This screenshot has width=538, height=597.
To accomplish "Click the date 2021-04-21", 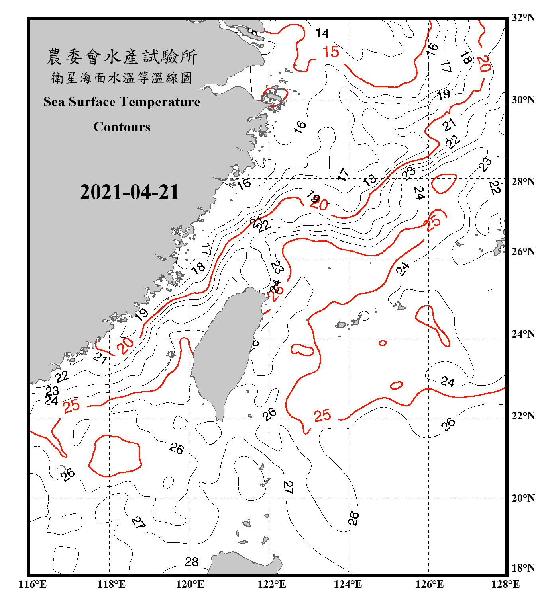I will pos(129,192).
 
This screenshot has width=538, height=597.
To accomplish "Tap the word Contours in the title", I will pos(122,127).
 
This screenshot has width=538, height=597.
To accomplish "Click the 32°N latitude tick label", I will pos(523,18).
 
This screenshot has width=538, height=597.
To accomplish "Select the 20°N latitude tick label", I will pos(523,498).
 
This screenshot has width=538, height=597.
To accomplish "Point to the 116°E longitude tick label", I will pos(33,584).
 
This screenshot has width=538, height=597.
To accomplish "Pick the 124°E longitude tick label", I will pos(348,584).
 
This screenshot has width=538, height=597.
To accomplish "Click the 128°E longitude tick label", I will pos(505,584).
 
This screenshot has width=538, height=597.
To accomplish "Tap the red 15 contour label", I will pos(330,52).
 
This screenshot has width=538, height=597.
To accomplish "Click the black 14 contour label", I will pos(322,33).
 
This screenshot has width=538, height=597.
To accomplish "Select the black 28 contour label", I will pos(192,562).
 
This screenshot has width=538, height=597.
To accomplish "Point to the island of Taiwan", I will pos(225,350).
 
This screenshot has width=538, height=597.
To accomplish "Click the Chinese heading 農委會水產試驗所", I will pos(122,57).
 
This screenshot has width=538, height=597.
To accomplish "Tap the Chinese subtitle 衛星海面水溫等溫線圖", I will pos(122,78).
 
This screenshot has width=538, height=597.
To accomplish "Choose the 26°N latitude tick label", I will pos(523,252).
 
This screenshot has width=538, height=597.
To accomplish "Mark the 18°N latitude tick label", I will pos(523,568).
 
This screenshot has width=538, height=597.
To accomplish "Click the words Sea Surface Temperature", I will pos(122,102).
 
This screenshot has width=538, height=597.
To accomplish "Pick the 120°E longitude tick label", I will pos(190,584).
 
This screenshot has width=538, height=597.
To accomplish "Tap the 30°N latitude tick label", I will pos(523,100).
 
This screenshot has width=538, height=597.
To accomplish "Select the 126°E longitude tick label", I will pos(429,584).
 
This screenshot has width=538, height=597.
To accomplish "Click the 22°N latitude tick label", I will pos(523,416).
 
